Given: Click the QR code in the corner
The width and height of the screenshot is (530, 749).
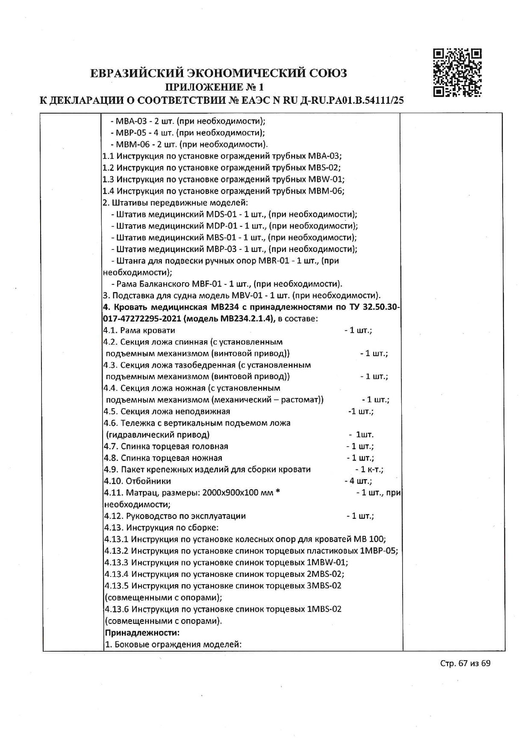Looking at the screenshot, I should point(457,73).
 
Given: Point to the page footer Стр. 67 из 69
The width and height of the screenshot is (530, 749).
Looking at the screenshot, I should point(465,675).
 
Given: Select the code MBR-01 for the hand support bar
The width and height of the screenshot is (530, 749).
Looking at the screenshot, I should point(273,261).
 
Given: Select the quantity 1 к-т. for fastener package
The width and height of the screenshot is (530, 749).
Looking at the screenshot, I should point(372,469).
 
